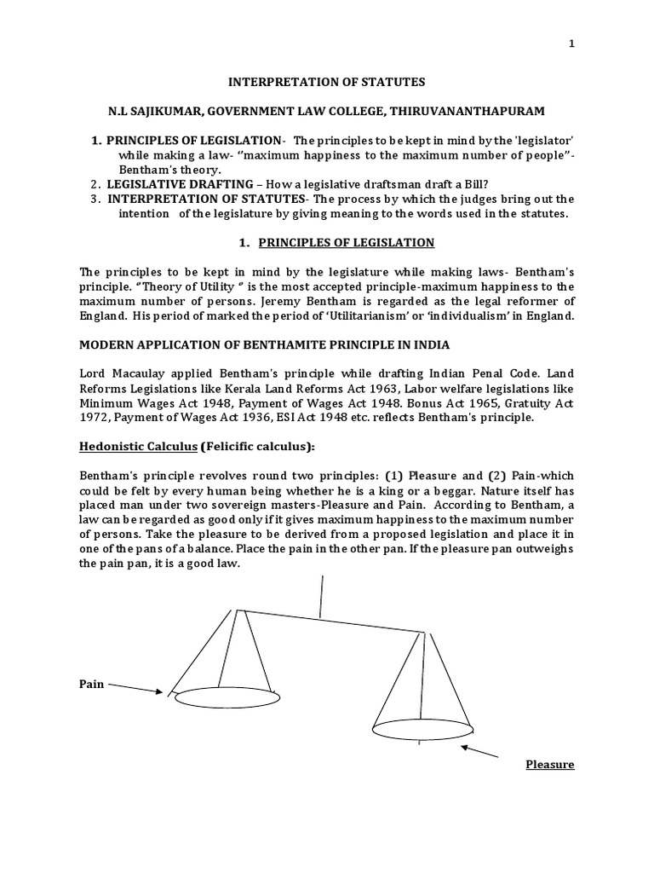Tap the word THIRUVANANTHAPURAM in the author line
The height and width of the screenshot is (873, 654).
(473, 112)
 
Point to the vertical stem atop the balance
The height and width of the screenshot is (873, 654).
(321, 595)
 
